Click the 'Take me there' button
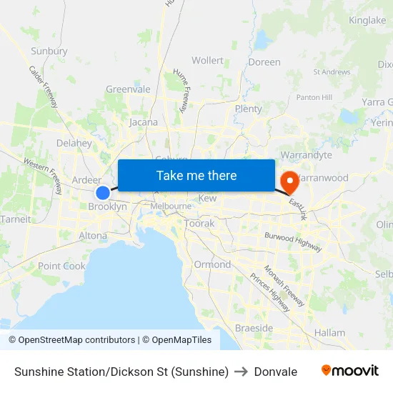(196, 175)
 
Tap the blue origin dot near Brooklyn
(103, 193)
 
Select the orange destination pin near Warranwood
(290, 180)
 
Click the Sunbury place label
(49, 51)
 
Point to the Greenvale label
(128, 89)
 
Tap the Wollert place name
(207, 61)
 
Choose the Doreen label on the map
(264, 62)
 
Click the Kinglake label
(367, 21)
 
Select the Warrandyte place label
(307, 154)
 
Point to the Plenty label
(248, 109)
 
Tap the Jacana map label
(144, 122)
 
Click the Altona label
(93, 235)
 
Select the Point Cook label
(61, 266)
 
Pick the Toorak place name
(199, 224)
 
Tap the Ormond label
(212, 264)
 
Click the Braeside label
(254, 328)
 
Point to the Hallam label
(329, 333)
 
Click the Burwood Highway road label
(293, 242)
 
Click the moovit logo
(350, 371)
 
